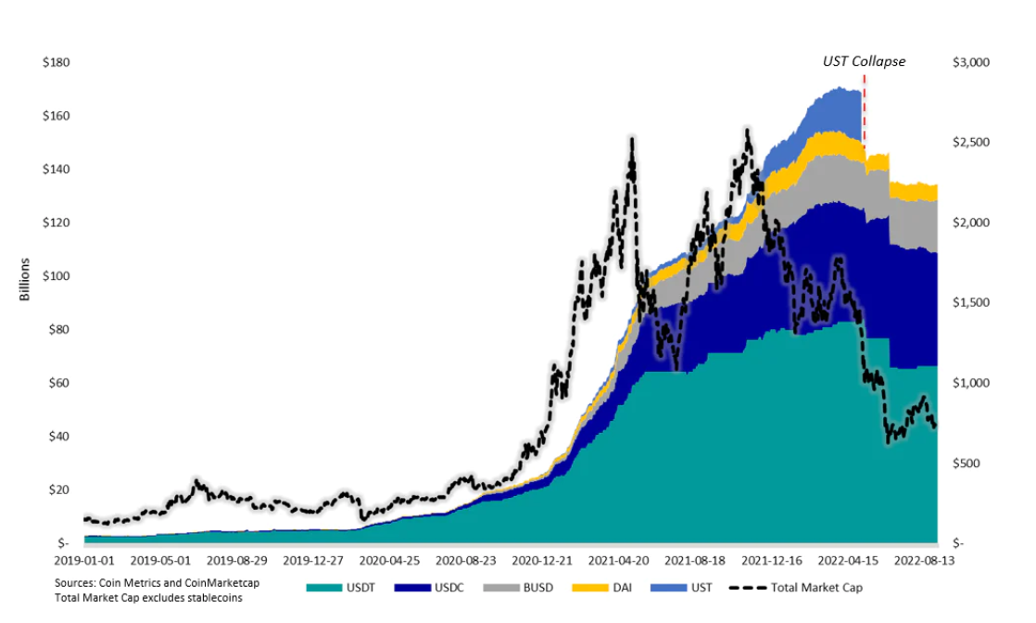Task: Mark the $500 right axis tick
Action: (x=967, y=464)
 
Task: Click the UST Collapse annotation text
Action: (x=864, y=61)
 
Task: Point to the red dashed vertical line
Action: (x=864, y=111)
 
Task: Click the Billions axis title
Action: (x=26, y=279)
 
